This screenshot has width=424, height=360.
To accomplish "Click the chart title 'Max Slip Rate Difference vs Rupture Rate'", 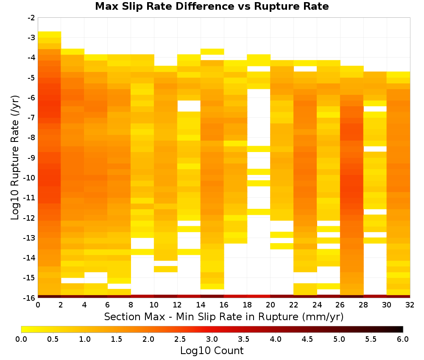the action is point(212,6).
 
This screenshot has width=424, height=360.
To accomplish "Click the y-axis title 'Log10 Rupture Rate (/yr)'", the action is point(15,158).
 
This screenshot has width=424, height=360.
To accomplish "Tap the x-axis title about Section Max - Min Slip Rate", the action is point(224,317).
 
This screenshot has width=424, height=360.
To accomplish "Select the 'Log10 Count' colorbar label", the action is point(212,351).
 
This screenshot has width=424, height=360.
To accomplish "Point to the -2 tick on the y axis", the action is point(31,18).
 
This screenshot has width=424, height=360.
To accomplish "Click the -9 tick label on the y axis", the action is point(31,158).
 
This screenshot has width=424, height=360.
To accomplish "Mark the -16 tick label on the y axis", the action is point(30,298).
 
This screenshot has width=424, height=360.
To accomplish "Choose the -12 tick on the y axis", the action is point(30,218).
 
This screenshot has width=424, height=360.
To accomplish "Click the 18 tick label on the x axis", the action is point(247,305).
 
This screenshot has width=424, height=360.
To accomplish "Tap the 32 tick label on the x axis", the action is point(410,305).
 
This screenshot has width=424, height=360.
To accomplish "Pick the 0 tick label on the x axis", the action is point(38,305).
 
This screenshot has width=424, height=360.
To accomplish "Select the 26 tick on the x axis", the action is point(340,305).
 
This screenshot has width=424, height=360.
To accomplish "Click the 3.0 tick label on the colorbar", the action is point(212,339).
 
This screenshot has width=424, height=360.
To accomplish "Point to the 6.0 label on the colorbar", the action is point(403,339).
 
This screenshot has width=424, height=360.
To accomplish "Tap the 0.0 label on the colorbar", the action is point(21,339).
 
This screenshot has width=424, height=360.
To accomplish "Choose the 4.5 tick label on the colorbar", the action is point(307,339).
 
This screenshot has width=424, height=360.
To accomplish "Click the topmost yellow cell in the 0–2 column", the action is point(50,34).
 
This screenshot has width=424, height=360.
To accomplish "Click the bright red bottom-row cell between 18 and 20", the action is point(259,296).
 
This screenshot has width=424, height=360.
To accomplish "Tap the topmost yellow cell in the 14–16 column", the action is point(212,52).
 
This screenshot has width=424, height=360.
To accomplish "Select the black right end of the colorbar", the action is point(401,329).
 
